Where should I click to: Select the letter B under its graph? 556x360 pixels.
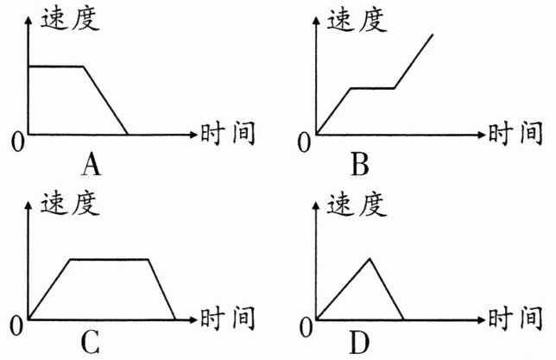point(361,163)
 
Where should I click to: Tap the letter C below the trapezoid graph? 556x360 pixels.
point(89,343)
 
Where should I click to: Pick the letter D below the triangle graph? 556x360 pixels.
point(359,343)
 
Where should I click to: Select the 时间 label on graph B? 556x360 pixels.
point(515,135)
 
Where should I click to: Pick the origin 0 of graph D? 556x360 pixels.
point(303,325)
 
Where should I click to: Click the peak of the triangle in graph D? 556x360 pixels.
point(370,258)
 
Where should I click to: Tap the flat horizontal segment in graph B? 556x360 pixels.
point(372,88)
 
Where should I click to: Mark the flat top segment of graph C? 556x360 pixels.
point(109,259)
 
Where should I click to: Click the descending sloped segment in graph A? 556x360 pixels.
point(105,100)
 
